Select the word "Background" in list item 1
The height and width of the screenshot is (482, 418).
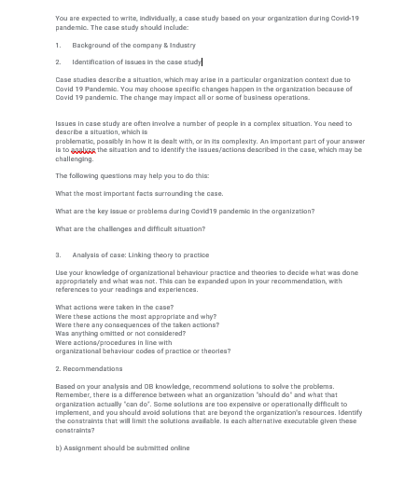[90, 44]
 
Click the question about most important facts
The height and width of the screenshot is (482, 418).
[139, 193]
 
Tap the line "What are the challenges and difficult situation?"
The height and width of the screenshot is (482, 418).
[130, 228]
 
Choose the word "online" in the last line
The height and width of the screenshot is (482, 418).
[178, 448]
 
